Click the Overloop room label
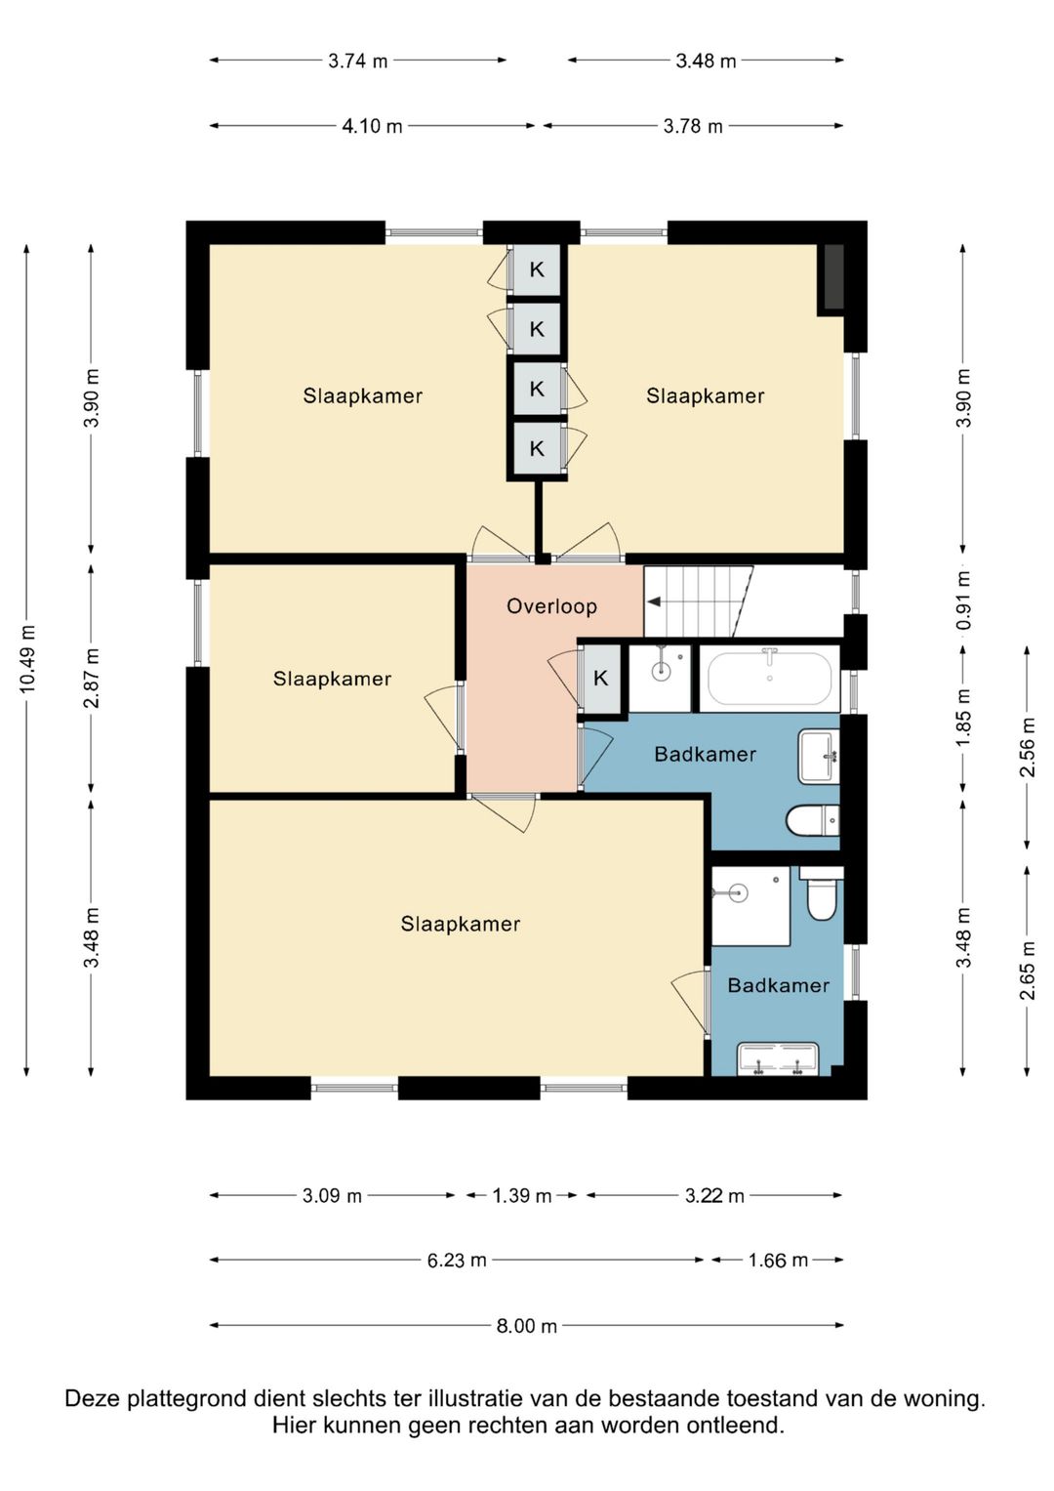pyautogui.click(x=551, y=606)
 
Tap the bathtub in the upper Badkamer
pyautogui.click(x=769, y=677)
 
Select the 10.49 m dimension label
pyautogui.click(x=26, y=659)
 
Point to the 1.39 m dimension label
pyautogui.click(x=522, y=1196)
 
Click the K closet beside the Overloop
pyautogui.click(x=601, y=679)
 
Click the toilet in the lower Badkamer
pyautogui.click(x=821, y=894)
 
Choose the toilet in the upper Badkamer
pyautogui.click(x=812, y=820)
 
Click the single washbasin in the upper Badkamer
pyautogui.click(x=819, y=756)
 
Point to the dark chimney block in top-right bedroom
pyautogui.click(x=834, y=276)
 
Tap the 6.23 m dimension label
pyautogui.click(x=457, y=1260)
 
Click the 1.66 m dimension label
pyautogui.click(x=778, y=1260)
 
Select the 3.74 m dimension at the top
pyautogui.click(x=358, y=62)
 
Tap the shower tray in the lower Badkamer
pyautogui.click(x=750, y=905)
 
